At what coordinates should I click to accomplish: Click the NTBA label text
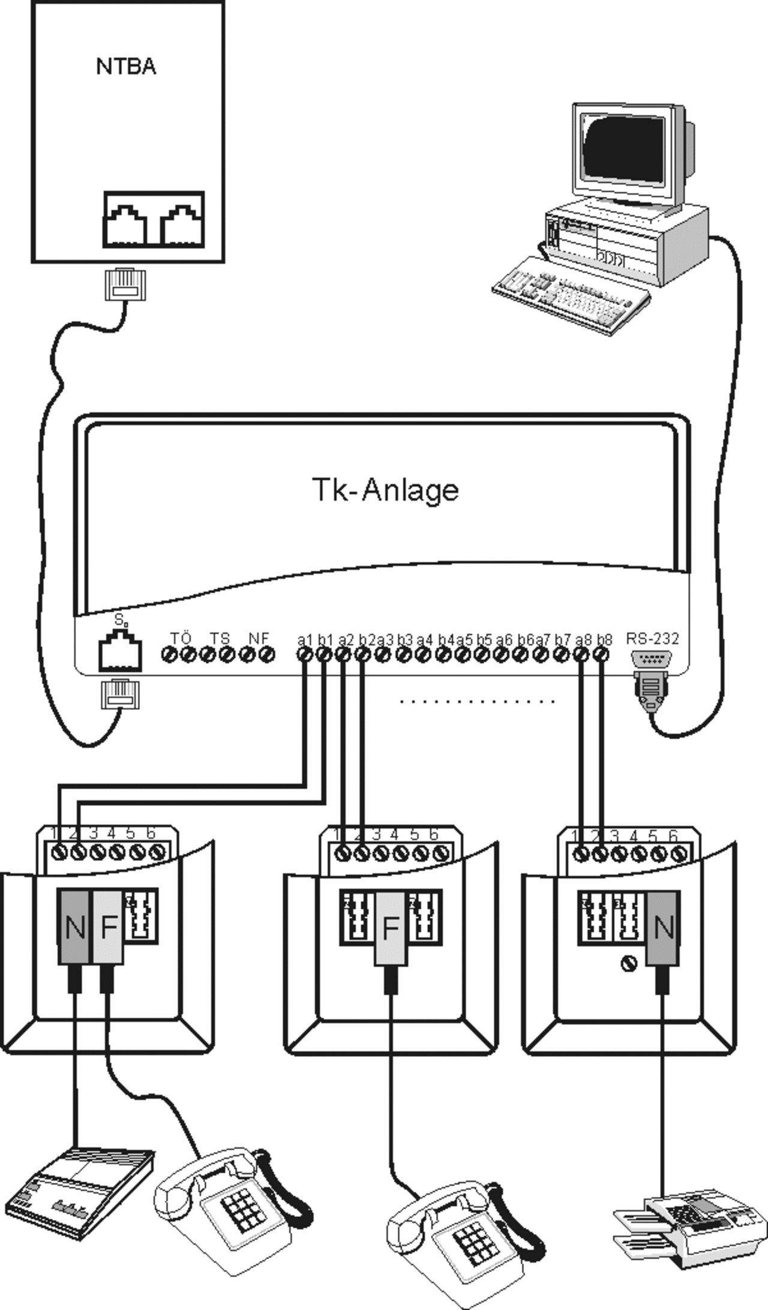(x=126, y=66)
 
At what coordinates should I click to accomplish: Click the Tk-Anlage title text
(x=385, y=490)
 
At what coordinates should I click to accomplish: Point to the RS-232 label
(x=652, y=638)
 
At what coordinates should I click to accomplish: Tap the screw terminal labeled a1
(x=304, y=655)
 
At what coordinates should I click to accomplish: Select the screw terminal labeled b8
(x=601, y=655)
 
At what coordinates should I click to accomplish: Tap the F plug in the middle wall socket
(x=391, y=929)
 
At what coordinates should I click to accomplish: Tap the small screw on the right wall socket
(x=628, y=966)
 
